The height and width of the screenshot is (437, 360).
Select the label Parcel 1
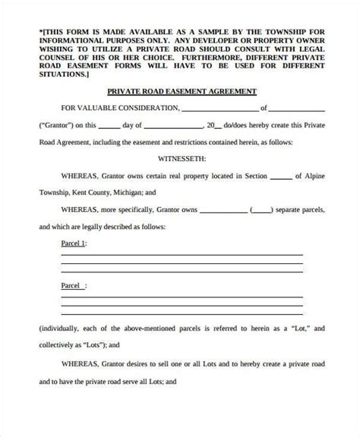[73, 244]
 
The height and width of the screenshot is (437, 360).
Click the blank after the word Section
[279, 176]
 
